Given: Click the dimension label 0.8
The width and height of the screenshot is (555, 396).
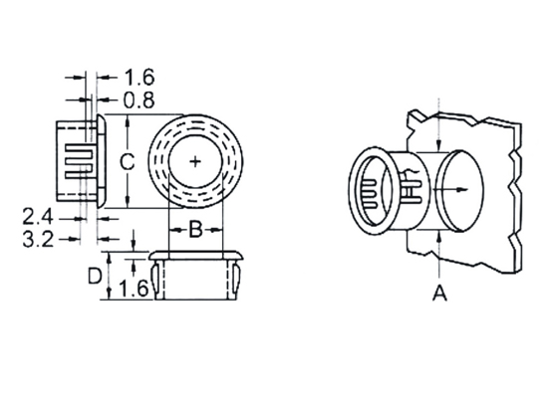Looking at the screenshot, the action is pos(139,100).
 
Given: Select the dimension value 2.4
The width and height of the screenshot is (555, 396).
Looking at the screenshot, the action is pos(38,217).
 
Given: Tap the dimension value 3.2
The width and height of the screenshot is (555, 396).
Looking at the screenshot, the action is pos(38,240).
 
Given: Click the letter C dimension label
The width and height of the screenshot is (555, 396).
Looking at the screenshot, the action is pos(127,162).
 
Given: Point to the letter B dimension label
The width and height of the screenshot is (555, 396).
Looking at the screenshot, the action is pos(195,230).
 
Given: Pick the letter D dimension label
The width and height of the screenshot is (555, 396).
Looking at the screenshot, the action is pos(95,277).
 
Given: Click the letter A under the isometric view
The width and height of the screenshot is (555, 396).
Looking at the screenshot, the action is pos(439,294).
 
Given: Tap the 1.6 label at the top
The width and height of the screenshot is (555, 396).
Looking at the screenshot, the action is pos(139,78).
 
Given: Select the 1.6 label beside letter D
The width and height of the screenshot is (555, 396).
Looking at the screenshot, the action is pos(134,289).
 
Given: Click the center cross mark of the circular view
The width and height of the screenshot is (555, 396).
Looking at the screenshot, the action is pos(195,162).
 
